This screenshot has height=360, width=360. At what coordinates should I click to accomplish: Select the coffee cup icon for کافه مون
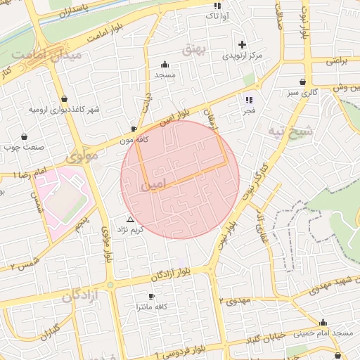coord(134,129)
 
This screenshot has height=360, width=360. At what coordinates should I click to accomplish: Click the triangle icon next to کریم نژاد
coord(130,219)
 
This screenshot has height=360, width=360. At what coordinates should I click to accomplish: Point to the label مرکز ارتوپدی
coord(243,55)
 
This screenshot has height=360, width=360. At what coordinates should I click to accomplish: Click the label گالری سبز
coord(302,92)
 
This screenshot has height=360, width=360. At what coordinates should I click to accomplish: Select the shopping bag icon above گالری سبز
coord(302,82)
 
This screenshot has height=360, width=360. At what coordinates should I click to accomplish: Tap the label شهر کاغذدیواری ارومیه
coord(65,110)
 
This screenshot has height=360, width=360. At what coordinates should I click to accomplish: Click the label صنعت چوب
coord(25,148)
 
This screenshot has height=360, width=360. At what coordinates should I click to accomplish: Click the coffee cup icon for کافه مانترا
coord(150,297)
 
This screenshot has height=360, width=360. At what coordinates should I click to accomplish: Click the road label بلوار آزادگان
coord(158,275)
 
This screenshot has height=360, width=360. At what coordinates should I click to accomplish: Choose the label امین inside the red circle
coord(154,185)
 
